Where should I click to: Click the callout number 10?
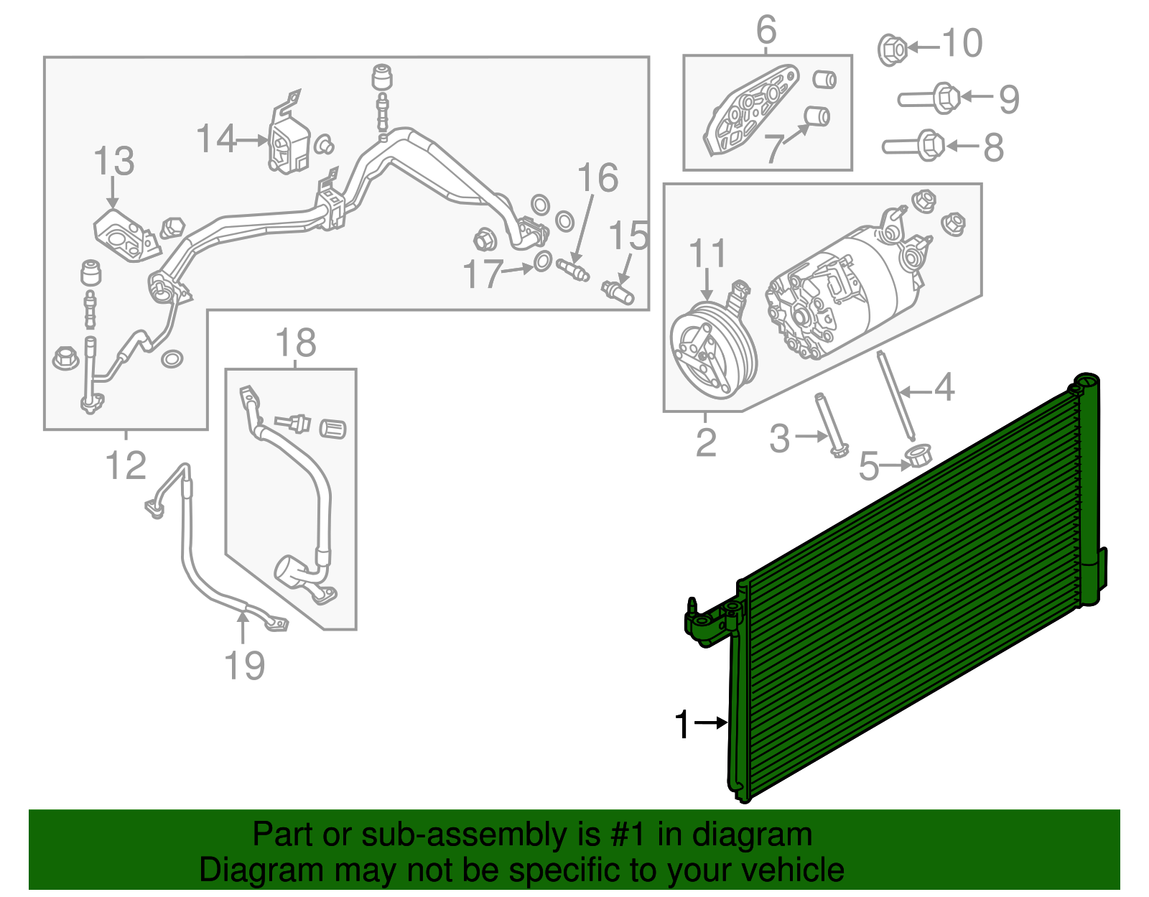(x=962, y=44)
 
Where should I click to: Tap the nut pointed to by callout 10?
(x=893, y=49)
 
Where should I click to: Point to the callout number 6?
(x=766, y=30)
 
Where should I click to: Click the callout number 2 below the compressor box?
(x=706, y=442)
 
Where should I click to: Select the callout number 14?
(x=216, y=139)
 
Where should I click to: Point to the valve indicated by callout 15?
(x=618, y=291)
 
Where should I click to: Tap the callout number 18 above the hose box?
(x=296, y=343)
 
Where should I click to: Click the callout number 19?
(x=245, y=666)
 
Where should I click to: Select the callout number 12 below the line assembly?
(x=126, y=465)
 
